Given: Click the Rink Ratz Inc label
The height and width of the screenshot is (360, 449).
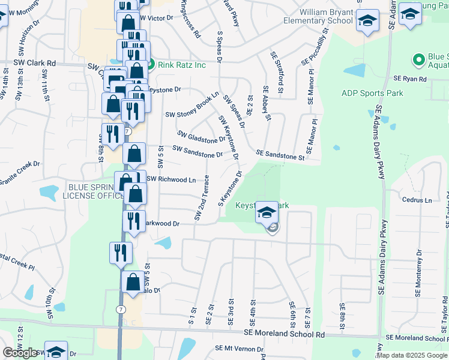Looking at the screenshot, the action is point(182,65).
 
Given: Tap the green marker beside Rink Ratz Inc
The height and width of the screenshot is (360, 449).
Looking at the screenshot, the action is point(151,65).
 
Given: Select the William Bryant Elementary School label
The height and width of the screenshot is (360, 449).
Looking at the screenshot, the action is point(318,16).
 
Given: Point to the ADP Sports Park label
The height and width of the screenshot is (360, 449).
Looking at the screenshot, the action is point(372,93).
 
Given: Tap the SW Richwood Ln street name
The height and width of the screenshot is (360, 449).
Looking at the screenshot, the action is point(171,179).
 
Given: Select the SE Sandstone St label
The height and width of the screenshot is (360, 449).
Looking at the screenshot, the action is point(280,155).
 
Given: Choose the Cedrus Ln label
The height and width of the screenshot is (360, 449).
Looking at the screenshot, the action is point(417,200).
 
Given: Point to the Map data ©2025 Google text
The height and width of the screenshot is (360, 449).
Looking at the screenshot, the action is point(412,355).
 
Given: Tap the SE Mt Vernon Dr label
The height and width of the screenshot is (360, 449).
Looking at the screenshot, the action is point(239,349).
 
